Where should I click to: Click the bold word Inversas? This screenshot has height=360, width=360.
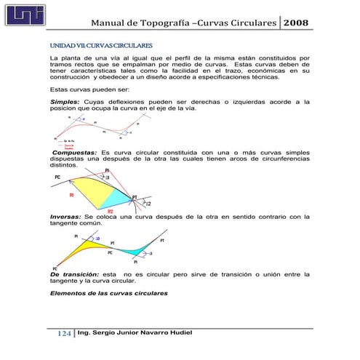[x=65, y=216]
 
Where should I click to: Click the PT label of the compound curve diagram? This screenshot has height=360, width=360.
[x=135, y=196]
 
